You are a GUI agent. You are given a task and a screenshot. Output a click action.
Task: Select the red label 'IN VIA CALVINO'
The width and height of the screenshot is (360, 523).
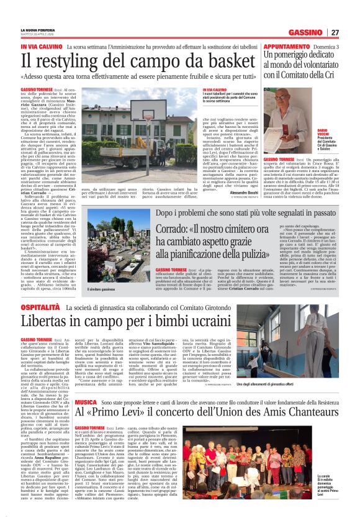click(x=42, y=47)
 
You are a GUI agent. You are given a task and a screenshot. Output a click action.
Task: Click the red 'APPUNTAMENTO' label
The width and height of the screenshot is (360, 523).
click(x=287, y=47)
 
